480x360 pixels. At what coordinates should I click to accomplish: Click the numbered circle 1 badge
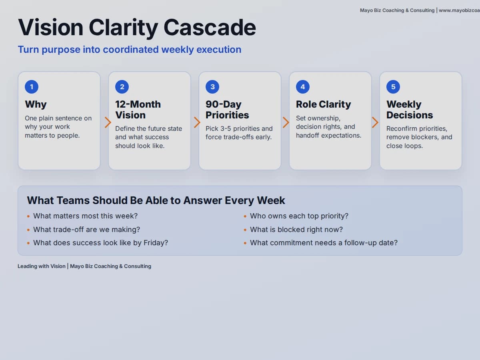coord(32,87)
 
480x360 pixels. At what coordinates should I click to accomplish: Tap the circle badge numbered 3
coord(212,87)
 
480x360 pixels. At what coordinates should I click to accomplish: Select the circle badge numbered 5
coord(393,87)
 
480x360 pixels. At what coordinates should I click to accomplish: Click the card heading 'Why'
coord(36,104)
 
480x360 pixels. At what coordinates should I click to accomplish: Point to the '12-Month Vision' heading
coord(138,110)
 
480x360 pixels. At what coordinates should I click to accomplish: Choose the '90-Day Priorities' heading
coord(227,110)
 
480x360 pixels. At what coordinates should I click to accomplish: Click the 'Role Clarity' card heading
coord(323,104)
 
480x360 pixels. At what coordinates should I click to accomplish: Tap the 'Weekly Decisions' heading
coord(409,110)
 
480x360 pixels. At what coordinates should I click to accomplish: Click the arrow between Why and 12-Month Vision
coord(108,122)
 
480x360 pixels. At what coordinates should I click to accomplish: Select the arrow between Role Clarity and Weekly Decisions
coord(375,122)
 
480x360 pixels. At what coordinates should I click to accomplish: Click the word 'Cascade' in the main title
coord(210,28)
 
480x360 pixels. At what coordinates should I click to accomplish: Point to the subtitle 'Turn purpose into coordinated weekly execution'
coord(129,50)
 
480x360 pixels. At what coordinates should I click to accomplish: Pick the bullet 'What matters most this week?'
coord(85,216)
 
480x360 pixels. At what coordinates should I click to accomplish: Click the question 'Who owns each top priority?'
coord(299,216)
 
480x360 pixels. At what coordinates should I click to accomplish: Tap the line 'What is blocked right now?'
coord(296,230)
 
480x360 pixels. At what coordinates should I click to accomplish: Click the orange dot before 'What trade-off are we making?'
coord(28,230)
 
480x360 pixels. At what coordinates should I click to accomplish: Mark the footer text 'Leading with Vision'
coord(41,266)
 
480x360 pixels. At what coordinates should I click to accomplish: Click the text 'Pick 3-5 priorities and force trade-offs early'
coord(239,133)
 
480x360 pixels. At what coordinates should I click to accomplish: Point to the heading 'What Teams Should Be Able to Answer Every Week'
coord(156,200)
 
